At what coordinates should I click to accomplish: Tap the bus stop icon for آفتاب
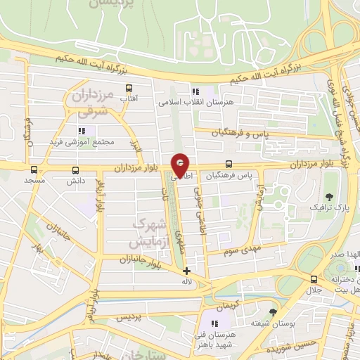129,88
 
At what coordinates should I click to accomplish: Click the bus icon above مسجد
34,169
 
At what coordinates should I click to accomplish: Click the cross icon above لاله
186,271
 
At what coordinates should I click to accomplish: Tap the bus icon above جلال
313,279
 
